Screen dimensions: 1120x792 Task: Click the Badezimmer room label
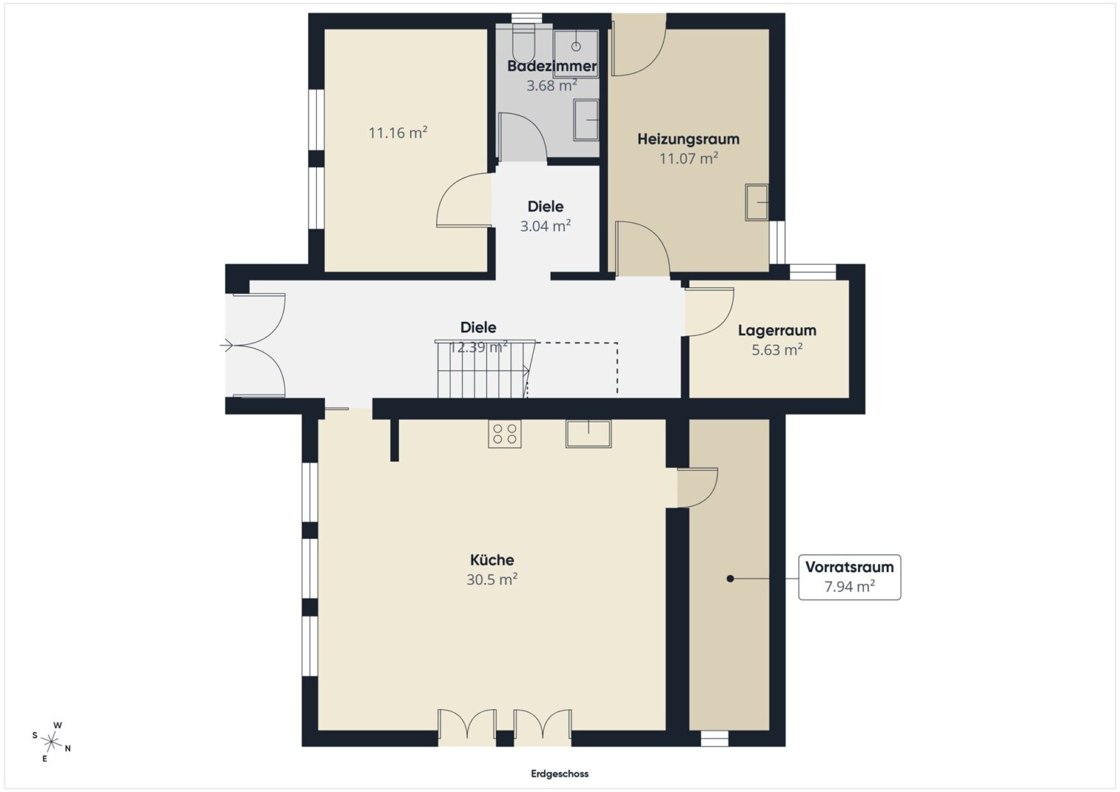point(552,66)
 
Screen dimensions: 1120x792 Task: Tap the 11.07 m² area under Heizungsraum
point(689,158)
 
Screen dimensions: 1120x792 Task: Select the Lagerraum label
point(777,330)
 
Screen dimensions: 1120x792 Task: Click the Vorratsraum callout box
point(849,577)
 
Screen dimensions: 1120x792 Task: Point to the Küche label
point(492,560)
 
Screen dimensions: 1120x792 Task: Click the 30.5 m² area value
point(492,579)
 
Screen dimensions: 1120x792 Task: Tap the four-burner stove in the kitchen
point(505,433)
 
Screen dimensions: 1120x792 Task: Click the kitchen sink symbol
point(588,433)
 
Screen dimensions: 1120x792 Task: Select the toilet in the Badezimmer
point(524,43)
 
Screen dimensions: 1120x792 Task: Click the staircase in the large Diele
point(485,370)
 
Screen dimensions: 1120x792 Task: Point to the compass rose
point(51,741)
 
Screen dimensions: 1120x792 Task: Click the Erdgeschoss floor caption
point(560,774)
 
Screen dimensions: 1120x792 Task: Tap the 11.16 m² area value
point(398,133)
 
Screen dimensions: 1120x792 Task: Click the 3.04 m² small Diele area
point(546,226)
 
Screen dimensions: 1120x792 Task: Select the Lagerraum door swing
point(709,312)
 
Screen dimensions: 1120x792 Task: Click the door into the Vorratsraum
point(698,488)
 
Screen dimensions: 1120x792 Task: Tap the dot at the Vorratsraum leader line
point(730,579)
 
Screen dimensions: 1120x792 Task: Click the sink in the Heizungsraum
point(756,202)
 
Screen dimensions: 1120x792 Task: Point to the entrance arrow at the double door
point(226,345)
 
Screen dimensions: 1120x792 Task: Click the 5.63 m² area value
point(777,350)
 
